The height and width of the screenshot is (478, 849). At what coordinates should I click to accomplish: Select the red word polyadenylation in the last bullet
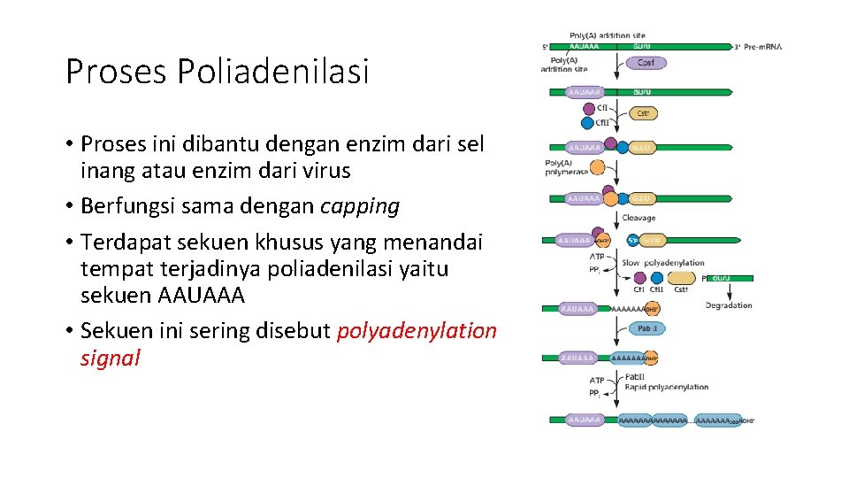(x=417, y=331)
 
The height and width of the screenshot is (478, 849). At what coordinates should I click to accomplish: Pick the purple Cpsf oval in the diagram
(x=646, y=63)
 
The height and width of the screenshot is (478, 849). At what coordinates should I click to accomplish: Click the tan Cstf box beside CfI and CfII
(x=645, y=113)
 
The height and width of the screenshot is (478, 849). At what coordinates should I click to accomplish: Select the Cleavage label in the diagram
(x=639, y=218)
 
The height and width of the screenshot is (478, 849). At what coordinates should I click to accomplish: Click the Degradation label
(x=729, y=305)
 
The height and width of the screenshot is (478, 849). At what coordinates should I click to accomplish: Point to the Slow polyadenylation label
(x=663, y=262)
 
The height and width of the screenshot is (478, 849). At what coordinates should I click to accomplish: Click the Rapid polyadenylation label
(x=667, y=387)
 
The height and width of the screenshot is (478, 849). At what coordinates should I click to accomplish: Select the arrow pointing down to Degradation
(x=729, y=291)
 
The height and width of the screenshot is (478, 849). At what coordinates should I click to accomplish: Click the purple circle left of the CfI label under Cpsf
(x=590, y=109)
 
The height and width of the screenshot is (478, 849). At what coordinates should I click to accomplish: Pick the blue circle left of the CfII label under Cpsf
(x=590, y=123)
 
